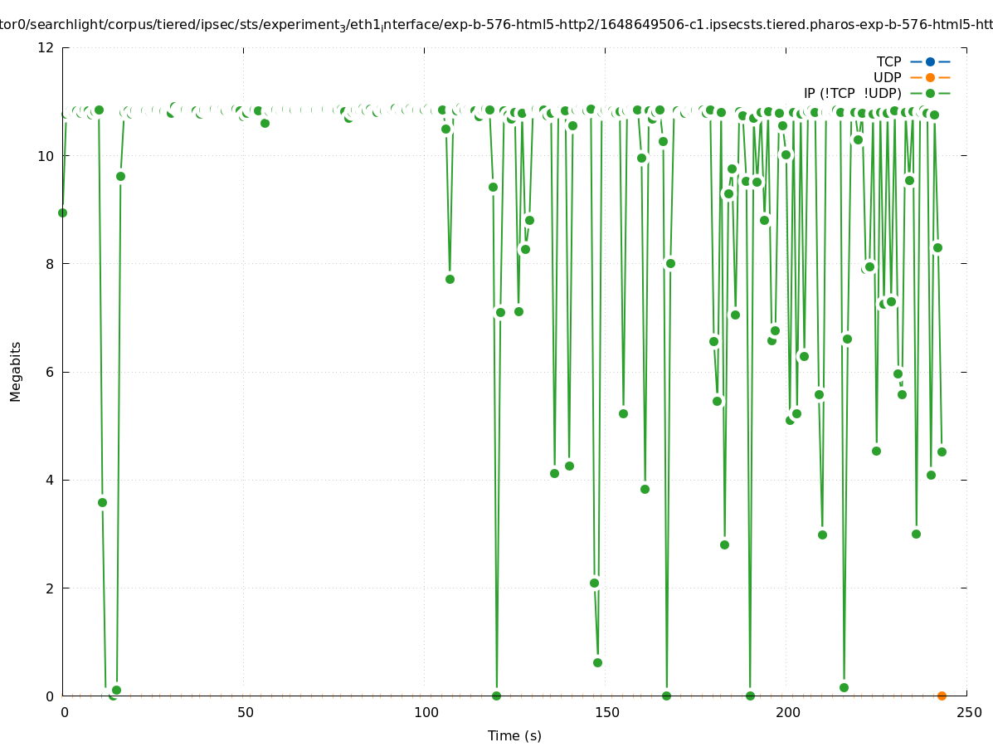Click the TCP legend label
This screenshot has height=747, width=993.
pos(888,61)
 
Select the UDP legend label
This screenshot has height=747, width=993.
pos(887,77)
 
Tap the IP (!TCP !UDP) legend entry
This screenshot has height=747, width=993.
pos(852,93)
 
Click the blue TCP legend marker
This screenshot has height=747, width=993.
pos(930,61)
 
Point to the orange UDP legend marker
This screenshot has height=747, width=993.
pos(930,77)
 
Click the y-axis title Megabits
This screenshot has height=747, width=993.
pos(16,371)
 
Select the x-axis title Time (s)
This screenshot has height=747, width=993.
pos(514,735)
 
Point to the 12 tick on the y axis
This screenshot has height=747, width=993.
pos(46,47)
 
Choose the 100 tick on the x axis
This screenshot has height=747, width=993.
pos(425,712)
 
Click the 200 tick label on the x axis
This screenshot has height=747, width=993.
pos(787,712)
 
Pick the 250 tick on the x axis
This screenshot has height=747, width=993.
pos(968,712)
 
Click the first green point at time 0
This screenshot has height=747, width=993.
pos(62,212)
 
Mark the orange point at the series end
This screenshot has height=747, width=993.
pos(942,696)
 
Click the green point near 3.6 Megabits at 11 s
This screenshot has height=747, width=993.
pos(102,502)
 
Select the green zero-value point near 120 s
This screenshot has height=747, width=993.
pos(496,696)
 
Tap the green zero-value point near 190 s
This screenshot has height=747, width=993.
pos(750,696)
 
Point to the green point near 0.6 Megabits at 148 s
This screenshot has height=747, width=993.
pos(597,662)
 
